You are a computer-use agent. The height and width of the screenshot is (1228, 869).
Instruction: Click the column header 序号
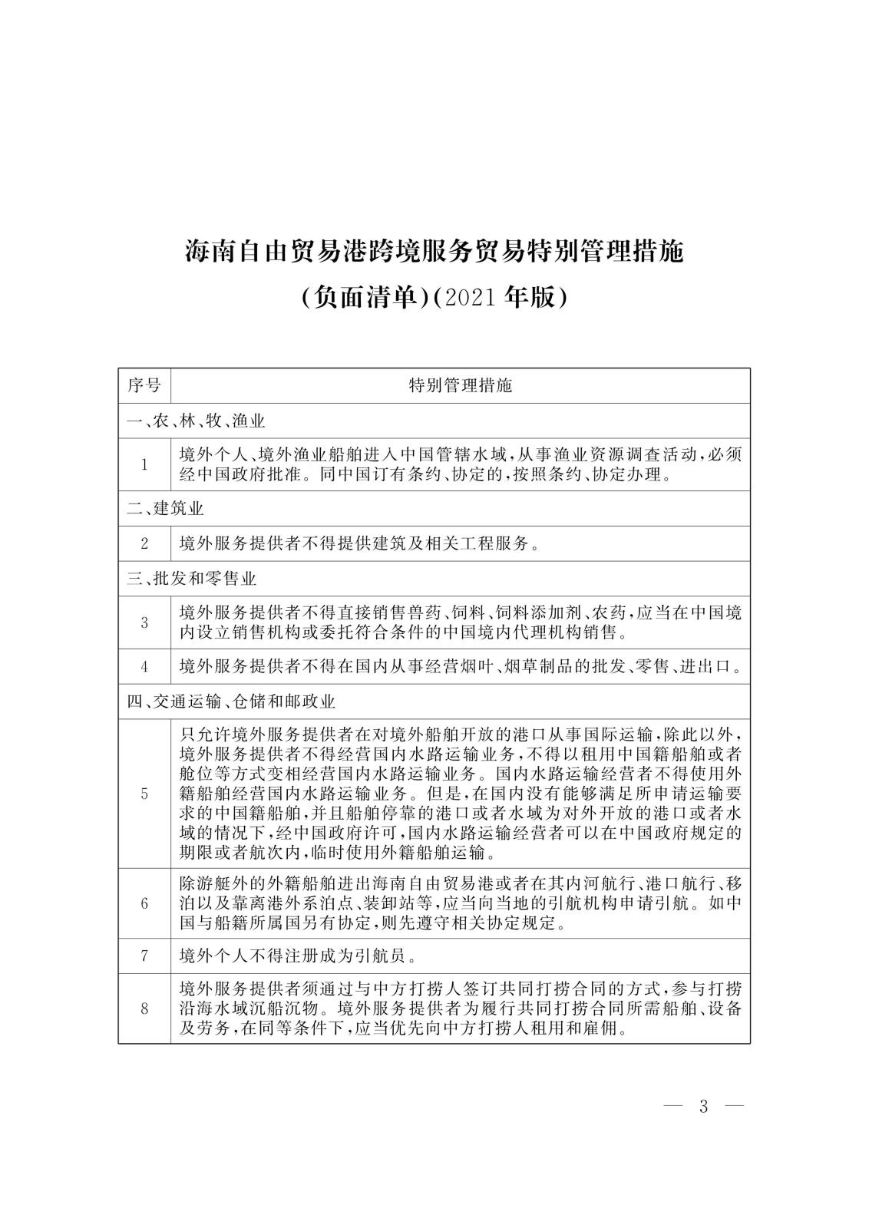[144, 385]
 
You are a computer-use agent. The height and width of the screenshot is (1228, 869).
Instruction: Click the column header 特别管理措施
[460, 385]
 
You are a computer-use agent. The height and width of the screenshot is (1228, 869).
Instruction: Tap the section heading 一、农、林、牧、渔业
[196, 421]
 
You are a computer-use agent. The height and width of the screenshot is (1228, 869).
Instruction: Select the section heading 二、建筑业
[165, 508]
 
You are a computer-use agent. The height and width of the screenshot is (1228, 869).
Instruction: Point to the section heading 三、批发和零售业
[191, 578]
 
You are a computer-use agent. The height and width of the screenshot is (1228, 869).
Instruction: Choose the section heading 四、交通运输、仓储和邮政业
[231, 701]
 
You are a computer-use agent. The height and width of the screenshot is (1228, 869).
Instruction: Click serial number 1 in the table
[144, 464]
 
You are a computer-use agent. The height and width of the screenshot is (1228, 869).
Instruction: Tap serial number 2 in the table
[144, 544]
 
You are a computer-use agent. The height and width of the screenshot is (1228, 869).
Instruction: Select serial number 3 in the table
[144, 623]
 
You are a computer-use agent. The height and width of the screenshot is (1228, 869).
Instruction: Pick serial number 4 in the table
[144, 667]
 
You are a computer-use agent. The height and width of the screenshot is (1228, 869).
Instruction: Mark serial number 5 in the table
[144, 794]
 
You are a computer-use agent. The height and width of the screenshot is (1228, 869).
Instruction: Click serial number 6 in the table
[144, 903]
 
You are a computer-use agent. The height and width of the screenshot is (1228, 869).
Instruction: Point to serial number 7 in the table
[144, 956]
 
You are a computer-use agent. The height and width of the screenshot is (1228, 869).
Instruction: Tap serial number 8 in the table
[144, 1009]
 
